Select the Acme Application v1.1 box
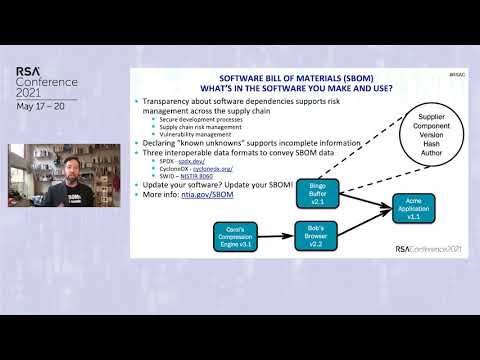click(412, 207)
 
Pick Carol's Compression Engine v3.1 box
click(240, 236)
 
